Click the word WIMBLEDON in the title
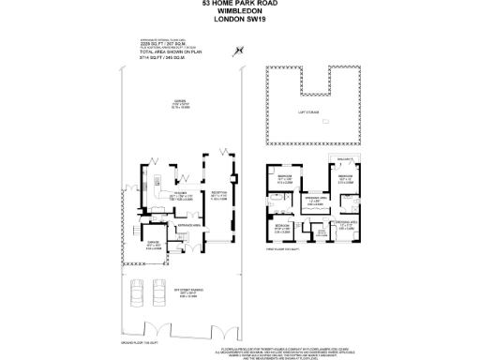[x=239, y=11]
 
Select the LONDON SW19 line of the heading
[x=239, y=19]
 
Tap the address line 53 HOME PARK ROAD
[x=239, y=4]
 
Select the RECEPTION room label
[x=216, y=194]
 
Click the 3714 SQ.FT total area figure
[x=151, y=59]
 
